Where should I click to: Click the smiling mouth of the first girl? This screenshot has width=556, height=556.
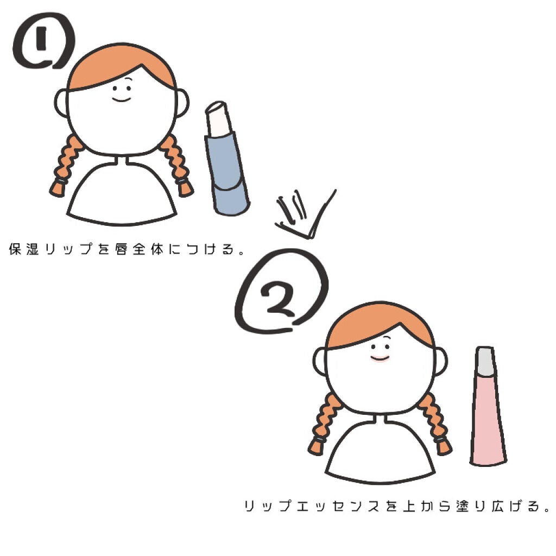pyautogui.click(x=121, y=98)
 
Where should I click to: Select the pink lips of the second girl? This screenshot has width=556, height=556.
pyautogui.click(x=380, y=358)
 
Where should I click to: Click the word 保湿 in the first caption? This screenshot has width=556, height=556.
pyautogui.click(x=24, y=250)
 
